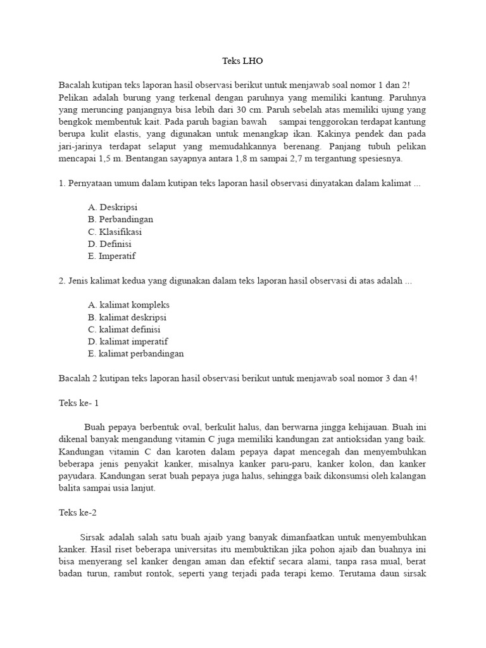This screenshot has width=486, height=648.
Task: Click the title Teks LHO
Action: click(x=242, y=61)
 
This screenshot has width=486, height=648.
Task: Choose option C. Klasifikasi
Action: click(x=115, y=232)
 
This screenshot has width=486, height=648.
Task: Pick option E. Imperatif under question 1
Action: click(x=112, y=256)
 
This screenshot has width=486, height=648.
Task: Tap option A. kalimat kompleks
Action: click(x=129, y=305)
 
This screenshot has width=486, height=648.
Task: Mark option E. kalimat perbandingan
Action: click(x=136, y=354)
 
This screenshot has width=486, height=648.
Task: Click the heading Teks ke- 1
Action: click(x=79, y=402)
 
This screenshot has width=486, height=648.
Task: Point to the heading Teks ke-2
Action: click(x=78, y=513)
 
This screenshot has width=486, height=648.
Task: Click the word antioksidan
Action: click(x=347, y=439)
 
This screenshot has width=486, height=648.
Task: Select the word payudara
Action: click(x=79, y=476)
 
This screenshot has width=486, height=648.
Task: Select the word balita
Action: click(x=70, y=489)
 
